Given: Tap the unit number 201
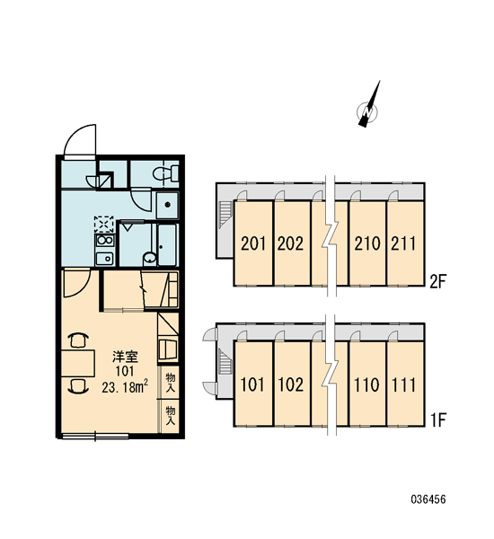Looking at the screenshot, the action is click(253, 243).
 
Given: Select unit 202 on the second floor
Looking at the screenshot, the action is click(290, 243).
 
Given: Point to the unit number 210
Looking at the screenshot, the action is click(367, 243).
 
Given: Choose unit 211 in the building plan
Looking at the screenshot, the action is click(403, 243).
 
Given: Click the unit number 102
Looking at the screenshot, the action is click(290, 384).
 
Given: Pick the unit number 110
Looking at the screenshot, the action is click(366, 384).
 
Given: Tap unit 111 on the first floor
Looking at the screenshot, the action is click(403, 384).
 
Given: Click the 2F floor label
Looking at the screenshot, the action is click(438, 282).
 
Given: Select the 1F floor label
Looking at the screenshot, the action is click(438, 420).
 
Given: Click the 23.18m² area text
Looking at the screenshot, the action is click(125, 387).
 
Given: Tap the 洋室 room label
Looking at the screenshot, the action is click(125, 358).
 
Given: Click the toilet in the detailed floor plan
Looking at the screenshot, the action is click(165, 172).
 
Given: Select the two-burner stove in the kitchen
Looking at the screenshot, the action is click(105, 240).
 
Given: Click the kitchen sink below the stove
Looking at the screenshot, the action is click(104, 258).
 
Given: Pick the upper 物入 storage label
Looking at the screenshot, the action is click(171, 383).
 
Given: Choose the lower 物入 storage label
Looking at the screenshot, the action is click(171, 415).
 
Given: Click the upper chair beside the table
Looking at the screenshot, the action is click(78, 340).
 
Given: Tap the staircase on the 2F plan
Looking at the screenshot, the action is click(225, 214).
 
